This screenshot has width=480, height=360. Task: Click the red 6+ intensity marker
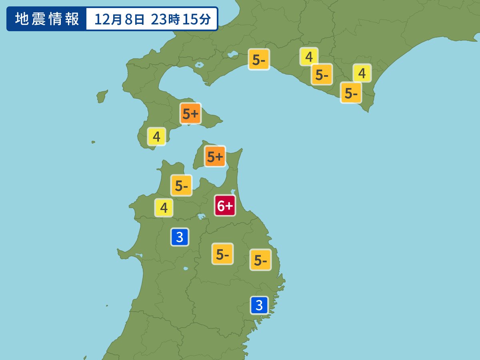[225, 206]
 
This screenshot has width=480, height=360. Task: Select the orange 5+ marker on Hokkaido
[190, 114]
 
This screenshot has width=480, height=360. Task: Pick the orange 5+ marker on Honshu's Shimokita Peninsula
[215, 156]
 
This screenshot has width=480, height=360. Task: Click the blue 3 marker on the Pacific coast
[259, 305]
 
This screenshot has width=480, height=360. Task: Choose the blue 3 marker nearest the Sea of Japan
[180, 237]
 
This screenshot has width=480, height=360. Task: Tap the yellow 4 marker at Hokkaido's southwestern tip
[156, 137]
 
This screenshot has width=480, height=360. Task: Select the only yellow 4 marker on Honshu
[164, 208]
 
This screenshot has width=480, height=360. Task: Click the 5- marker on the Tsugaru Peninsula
[182, 186]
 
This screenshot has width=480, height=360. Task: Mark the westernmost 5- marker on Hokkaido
[259, 60]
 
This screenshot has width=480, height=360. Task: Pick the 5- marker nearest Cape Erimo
[351, 93]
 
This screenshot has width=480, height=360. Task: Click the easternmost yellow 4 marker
[362, 73]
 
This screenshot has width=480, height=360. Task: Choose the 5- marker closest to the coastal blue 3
[260, 260]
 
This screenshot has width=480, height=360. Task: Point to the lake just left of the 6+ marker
[201, 216]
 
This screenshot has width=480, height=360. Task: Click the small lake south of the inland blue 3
[185, 268]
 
